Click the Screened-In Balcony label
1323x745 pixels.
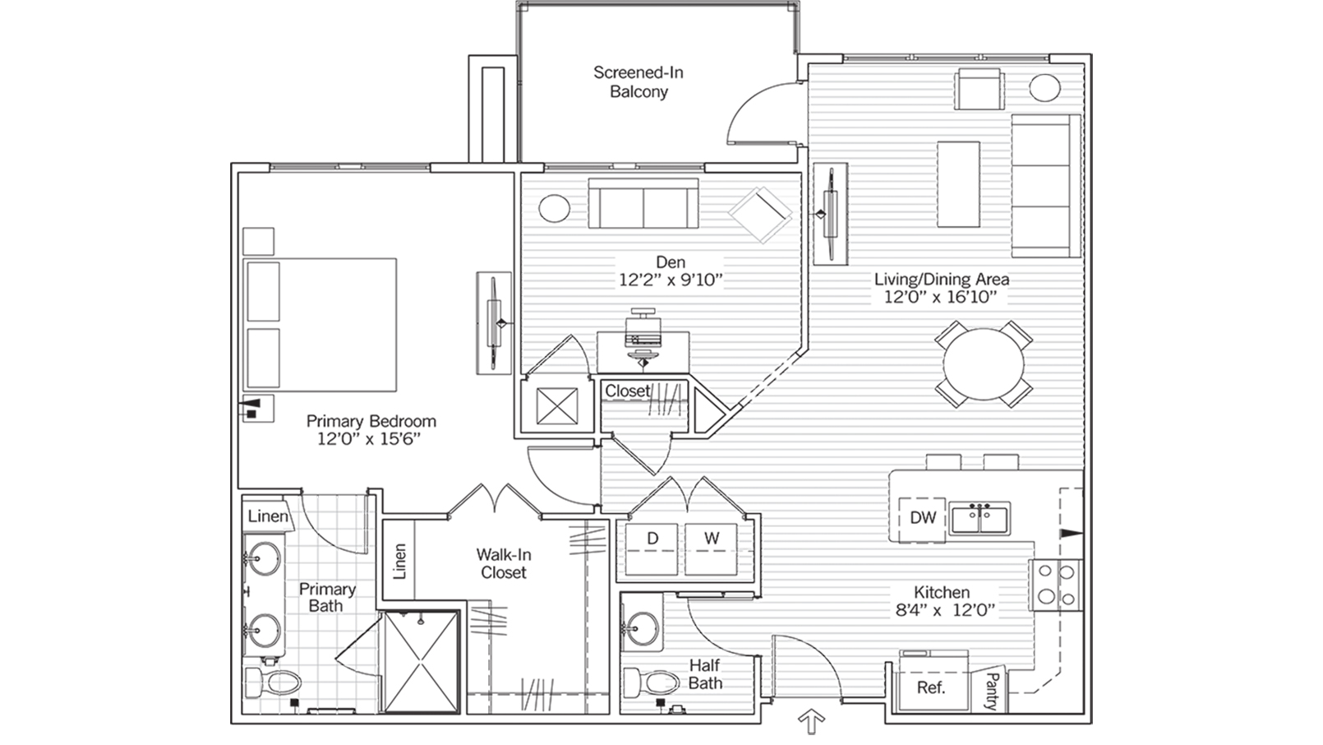click(x=638, y=82)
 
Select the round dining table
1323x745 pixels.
click(x=984, y=363)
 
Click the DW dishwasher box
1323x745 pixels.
click(x=922, y=518)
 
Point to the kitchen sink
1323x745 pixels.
click(x=980, y=519)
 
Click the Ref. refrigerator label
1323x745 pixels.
click(x=930, y=687)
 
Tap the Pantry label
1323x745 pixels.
click(x=992, y=691)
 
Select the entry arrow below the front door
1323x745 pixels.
click(x=811, y=723)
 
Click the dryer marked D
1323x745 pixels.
click(x=652, y=548)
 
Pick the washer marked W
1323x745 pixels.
click(x=712, y=548)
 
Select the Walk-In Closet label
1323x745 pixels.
click(x=503, y=564)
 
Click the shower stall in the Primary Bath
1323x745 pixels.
click(x=422, y=660)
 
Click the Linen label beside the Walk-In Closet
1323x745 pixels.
click(x=399, y=562)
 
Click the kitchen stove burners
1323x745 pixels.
click(x=1058, y=584)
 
